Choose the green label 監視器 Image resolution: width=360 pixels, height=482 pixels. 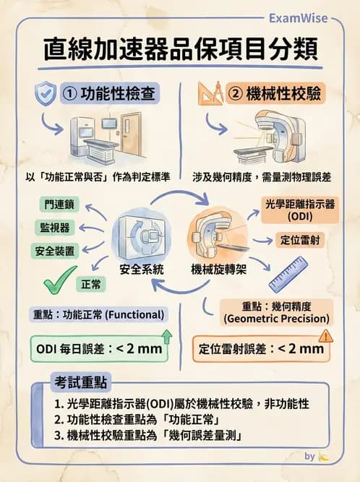55,228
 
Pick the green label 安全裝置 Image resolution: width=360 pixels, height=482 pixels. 55,251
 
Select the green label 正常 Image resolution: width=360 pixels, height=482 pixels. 91,285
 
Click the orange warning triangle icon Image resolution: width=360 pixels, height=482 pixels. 325,335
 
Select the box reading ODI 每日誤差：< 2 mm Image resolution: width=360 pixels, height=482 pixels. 100,349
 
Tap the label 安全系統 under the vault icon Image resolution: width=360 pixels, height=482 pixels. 142,270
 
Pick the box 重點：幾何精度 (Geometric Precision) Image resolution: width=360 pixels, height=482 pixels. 277,311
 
